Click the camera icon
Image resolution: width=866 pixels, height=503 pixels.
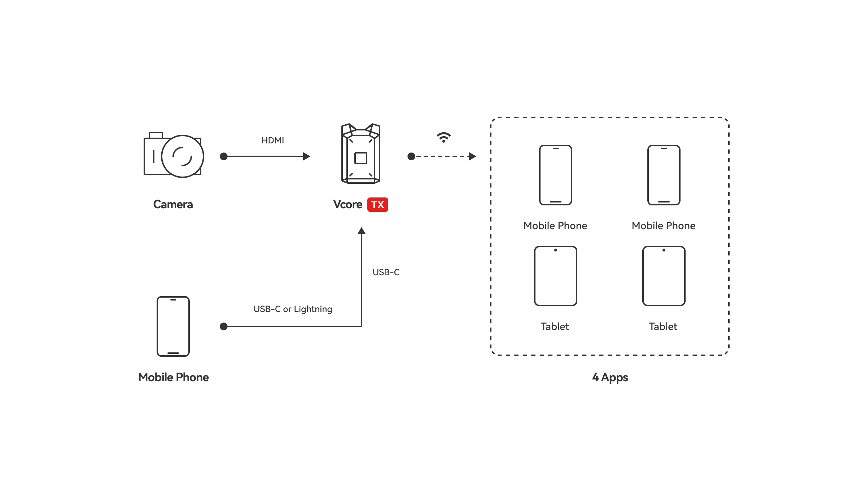(x=174, y=155)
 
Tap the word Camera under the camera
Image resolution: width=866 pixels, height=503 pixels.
(x=173, y=204)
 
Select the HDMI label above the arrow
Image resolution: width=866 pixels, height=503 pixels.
(x=272, y=141)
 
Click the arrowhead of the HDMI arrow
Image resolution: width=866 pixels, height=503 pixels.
(x=307, y=156)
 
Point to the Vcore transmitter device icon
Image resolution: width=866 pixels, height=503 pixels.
(x=361, y=154)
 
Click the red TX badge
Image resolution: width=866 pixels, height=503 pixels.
(x=377, y=205)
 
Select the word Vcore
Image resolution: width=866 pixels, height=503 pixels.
(x=347, y=204)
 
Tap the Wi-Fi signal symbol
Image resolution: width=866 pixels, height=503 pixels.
(x=443, y=137)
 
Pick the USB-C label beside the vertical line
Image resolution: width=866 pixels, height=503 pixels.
(x=386, y=272)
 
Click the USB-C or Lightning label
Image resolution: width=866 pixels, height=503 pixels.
(x=293, y=309)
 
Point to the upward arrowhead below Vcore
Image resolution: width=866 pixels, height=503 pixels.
(x=362, y=231)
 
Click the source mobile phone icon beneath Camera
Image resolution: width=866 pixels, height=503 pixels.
(x=173, y=326)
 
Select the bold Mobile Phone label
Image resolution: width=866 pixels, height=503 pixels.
(x=174, y=377)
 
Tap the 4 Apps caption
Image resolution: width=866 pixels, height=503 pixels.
(x=610, y=377)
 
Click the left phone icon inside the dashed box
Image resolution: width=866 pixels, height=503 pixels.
(x=555, y=175)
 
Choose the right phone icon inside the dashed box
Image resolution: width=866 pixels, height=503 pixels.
(x=664, y=175)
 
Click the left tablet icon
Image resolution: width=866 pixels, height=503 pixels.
(x=555, y=276)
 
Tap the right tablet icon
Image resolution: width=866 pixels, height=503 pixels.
(x=664, y=276)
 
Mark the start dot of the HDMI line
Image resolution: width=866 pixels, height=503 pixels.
(x=224, y=156)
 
